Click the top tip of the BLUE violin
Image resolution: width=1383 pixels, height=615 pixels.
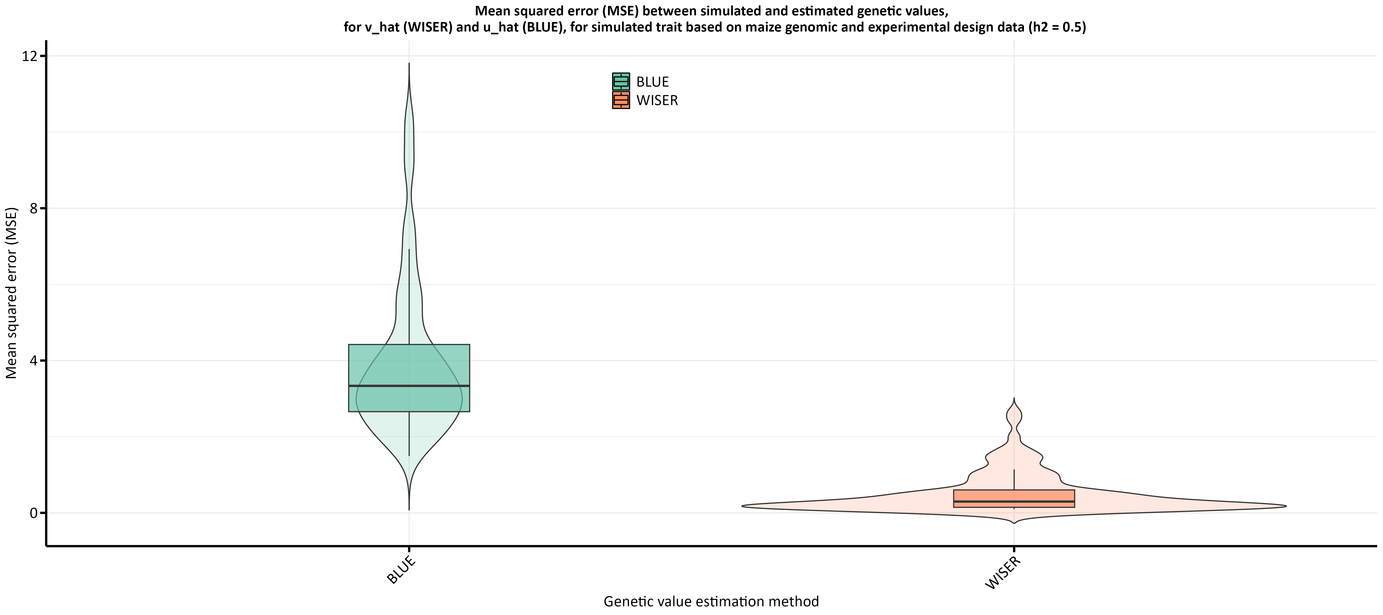click(409, 64)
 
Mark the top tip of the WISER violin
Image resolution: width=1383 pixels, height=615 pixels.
click(1014, 399)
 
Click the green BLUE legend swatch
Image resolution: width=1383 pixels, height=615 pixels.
click(621, 82)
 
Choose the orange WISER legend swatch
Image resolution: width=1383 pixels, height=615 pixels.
click(621, 100)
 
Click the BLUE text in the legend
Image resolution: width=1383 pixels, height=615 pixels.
click(652, 82)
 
